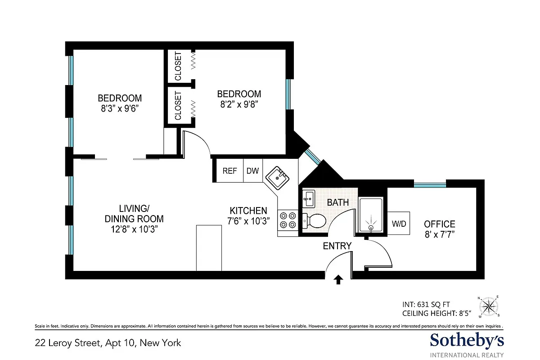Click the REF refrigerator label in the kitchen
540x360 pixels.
coord(229,171)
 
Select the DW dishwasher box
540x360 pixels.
coord(252,171)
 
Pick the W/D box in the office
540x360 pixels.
coord(399,223)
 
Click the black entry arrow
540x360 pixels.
coord(338,280)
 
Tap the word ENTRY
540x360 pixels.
coord(337,246)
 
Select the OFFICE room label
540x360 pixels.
coord(439,224)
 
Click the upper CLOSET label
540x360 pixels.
coord(178,66)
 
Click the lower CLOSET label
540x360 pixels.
coord(178,106)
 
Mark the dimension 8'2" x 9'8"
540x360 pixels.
coord(239,104)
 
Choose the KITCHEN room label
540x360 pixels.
coord(248,211)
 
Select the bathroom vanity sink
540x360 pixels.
coord(309,197)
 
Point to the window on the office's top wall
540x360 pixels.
coord(429,184)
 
